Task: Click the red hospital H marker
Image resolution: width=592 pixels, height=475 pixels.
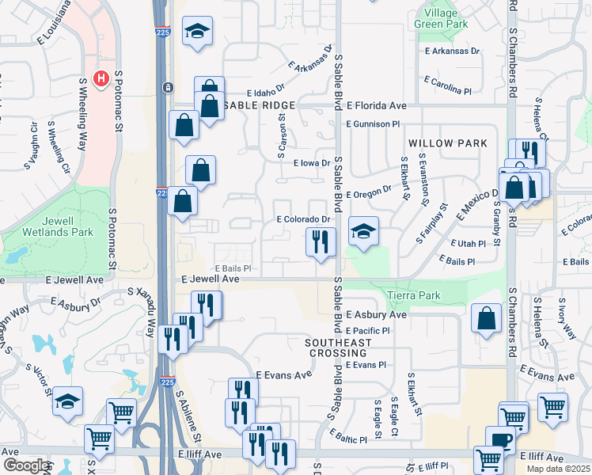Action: tap(101, 78)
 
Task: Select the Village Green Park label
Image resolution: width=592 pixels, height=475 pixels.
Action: tap(435, 19)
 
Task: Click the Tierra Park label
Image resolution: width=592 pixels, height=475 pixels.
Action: tap(413, 295)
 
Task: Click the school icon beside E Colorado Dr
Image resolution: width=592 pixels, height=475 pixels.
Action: tap(363, 231)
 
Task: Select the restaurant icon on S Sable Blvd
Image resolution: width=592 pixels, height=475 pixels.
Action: tap(321, 241)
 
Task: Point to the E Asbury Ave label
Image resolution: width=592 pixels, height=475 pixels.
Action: tap(375, 314)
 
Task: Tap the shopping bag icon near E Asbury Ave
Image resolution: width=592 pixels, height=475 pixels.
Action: tap(486, 318)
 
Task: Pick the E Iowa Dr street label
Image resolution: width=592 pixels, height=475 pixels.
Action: tap(310, 164)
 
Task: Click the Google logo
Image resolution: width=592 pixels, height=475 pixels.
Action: tap(27, 465)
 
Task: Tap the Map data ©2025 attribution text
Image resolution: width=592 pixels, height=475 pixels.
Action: tap(558, 469)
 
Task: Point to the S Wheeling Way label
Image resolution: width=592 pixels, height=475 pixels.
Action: tap(82, 114)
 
